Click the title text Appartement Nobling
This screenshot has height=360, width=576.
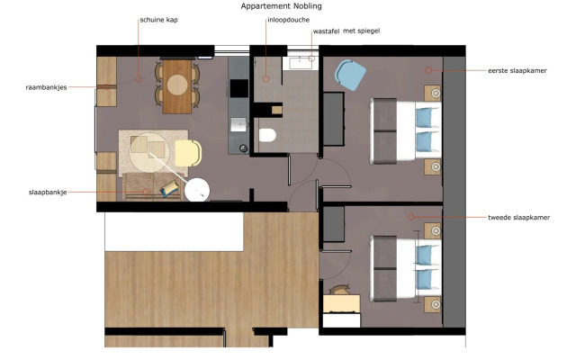click(x=281, y=6)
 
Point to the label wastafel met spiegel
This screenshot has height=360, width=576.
click(x=347, y=31)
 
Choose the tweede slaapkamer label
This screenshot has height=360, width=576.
click(x=517, y=217)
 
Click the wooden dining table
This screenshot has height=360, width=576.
click(x=179, y=86)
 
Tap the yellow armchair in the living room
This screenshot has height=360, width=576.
click(x=188, y=153)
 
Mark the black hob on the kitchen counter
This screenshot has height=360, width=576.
click(x=238, y=87)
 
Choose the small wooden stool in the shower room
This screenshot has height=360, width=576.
click(x=276, y=109)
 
